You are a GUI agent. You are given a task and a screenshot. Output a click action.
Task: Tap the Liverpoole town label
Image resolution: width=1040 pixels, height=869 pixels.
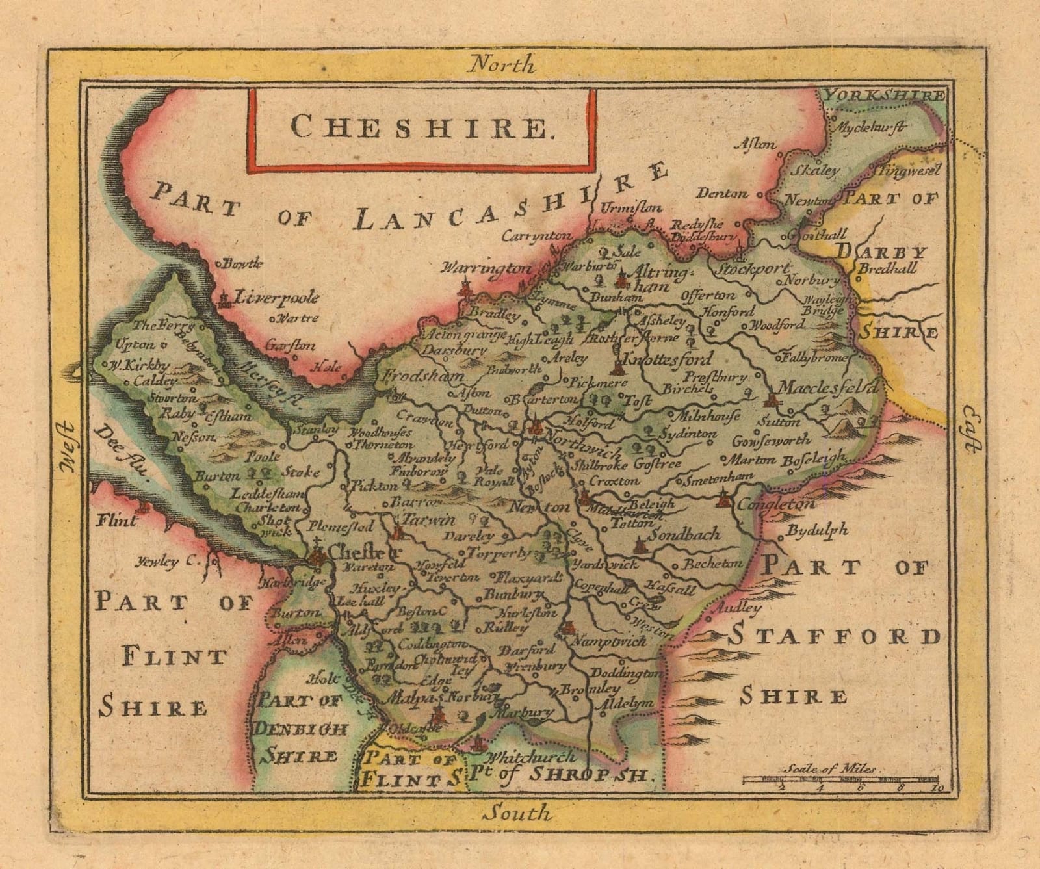278,298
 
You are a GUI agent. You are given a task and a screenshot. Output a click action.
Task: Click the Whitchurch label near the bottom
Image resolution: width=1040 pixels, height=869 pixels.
530,757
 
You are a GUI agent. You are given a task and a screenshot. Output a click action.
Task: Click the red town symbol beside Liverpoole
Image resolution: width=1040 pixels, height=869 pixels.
226,299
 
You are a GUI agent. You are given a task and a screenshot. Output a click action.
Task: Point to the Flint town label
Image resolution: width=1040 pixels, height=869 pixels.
118,520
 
